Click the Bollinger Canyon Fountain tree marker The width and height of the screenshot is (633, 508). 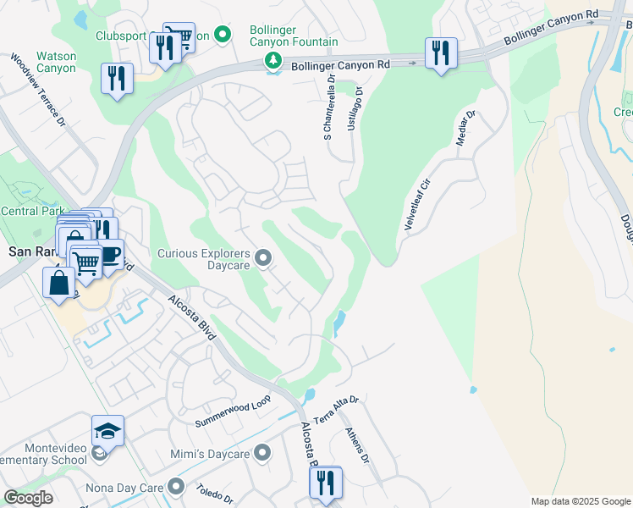point(272,60)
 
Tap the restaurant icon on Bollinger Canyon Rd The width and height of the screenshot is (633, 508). point(441,53)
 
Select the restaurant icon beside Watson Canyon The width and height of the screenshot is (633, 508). point(116,80)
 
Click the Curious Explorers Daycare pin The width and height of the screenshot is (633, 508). point(263,257)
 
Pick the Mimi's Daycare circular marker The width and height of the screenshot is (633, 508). point(263,454)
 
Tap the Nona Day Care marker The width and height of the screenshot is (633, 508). point(176,486)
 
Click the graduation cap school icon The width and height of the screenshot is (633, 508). point(107,432)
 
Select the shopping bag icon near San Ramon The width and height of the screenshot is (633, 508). point(59,283)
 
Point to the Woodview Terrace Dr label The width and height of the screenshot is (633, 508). point(38,91)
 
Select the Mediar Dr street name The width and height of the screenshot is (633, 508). point(466,127)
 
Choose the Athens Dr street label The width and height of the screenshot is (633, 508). point(357,445)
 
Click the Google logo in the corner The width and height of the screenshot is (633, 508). point(28,498)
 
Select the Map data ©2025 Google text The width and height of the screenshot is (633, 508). point(580,501)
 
